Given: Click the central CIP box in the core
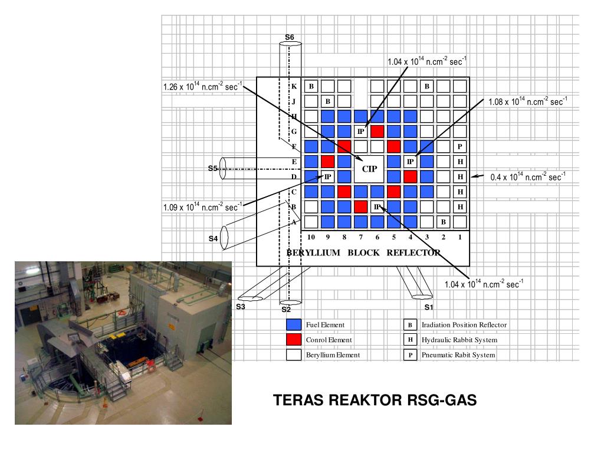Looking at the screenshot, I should (369, 168).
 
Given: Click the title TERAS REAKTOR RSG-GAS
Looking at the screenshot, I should (375, 401).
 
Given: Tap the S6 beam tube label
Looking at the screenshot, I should (289, 38).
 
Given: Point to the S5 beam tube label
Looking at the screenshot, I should (213, 168).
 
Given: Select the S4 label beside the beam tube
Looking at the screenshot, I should (213, 239).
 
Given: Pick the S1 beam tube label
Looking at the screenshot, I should (429, 307).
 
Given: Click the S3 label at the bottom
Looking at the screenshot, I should (240, 307).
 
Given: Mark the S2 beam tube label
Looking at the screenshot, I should (286, 309).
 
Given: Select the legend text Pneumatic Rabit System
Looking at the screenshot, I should (458, 356).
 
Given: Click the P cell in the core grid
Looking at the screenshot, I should (459, 146).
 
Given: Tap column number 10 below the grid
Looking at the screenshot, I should (311, 237).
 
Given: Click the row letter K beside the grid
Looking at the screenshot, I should (294, 86).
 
